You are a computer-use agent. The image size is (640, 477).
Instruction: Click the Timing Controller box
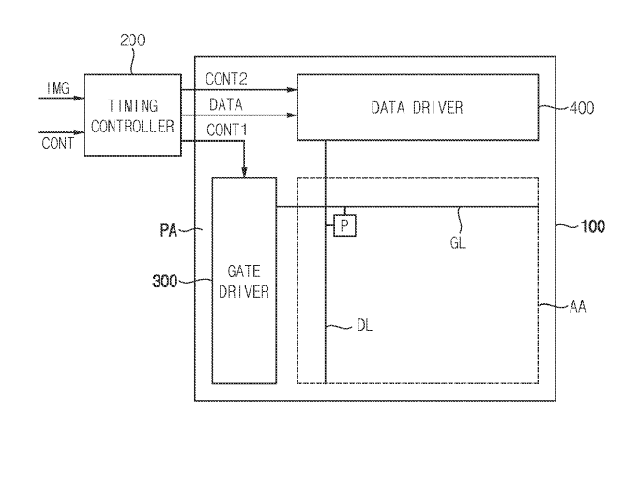tap(131, 115)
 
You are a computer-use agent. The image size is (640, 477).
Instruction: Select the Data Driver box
tap(416, 106)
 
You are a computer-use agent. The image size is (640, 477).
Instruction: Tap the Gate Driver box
tap(244, 279)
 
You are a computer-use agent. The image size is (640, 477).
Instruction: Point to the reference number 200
tap(133, 40)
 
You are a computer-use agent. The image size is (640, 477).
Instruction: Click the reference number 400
tap(582, 107)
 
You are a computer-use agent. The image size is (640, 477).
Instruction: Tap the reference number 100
tap(592, 226)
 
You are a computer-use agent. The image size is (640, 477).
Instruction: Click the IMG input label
tap(58, 87)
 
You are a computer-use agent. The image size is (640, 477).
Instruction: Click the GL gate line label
tap(458, 241)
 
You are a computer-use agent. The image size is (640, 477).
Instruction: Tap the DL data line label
tap(366, 325)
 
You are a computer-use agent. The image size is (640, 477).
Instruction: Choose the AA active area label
tap(579, 306)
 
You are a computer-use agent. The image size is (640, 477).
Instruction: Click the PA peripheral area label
tap(170, 228)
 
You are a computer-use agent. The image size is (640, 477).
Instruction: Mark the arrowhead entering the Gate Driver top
tap(244, 172)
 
